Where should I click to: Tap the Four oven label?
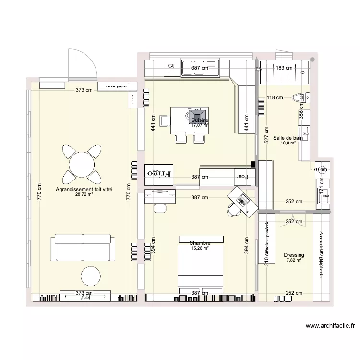pos(241,177)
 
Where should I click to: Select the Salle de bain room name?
pos(288,138)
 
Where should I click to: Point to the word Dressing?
pos(294,255)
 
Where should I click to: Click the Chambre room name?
pos(200,243)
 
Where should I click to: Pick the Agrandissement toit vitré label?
pos(84,190)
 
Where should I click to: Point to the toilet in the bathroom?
pos(299,98)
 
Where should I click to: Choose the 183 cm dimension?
pos(284,68)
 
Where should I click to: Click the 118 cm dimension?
pos(275,98)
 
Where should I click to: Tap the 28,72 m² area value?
pos(84,195)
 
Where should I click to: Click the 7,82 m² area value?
pos(294,260)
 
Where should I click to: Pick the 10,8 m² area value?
pos(288,143)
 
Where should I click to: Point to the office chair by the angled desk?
pos(234,208)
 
